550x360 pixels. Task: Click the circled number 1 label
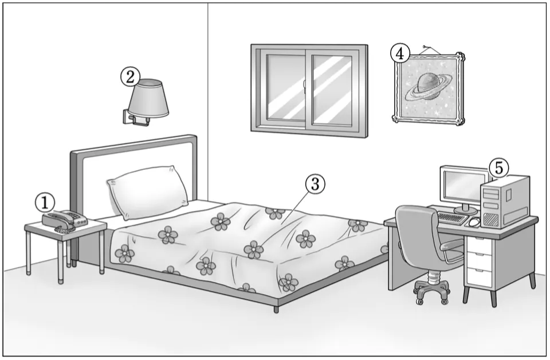(x=45, y=201)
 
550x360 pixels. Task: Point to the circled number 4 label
(x=400, y=53)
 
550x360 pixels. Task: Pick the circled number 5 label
(x=498, y=168)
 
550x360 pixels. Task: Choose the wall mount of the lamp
(x=127, y=117)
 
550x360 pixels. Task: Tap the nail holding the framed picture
(x=425, y=46)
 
